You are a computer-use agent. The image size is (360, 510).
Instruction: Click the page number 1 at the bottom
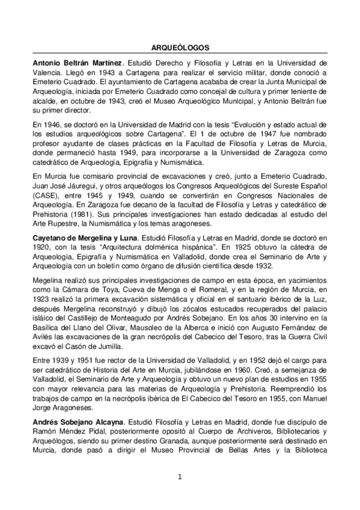pos(180,478)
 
